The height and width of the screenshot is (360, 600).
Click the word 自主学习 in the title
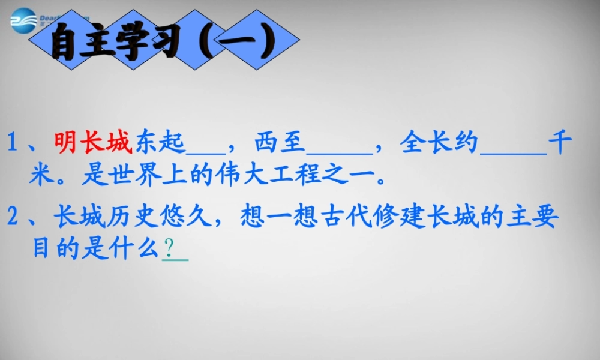pos(115,43)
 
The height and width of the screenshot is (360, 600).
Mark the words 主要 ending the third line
pos(538,217)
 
